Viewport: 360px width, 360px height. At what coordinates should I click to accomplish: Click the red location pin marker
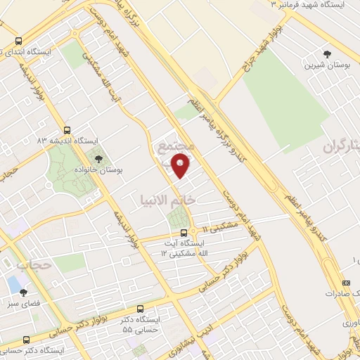tap(181, 166)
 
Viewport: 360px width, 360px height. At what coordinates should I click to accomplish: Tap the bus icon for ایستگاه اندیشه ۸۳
tap(67, 130)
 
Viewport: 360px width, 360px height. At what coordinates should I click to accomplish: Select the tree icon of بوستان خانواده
tap(98, 159)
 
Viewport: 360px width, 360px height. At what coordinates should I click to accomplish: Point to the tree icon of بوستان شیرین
tap(326, 53)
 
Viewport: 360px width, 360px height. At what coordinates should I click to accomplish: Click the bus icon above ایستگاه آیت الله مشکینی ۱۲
tap(184, 233)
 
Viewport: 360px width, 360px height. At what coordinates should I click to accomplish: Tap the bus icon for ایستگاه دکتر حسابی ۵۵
tap(141, 309)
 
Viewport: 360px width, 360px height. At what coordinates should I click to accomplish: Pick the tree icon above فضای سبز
tap(24, 292)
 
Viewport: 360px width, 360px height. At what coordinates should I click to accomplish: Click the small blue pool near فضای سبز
tap(13, 284)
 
